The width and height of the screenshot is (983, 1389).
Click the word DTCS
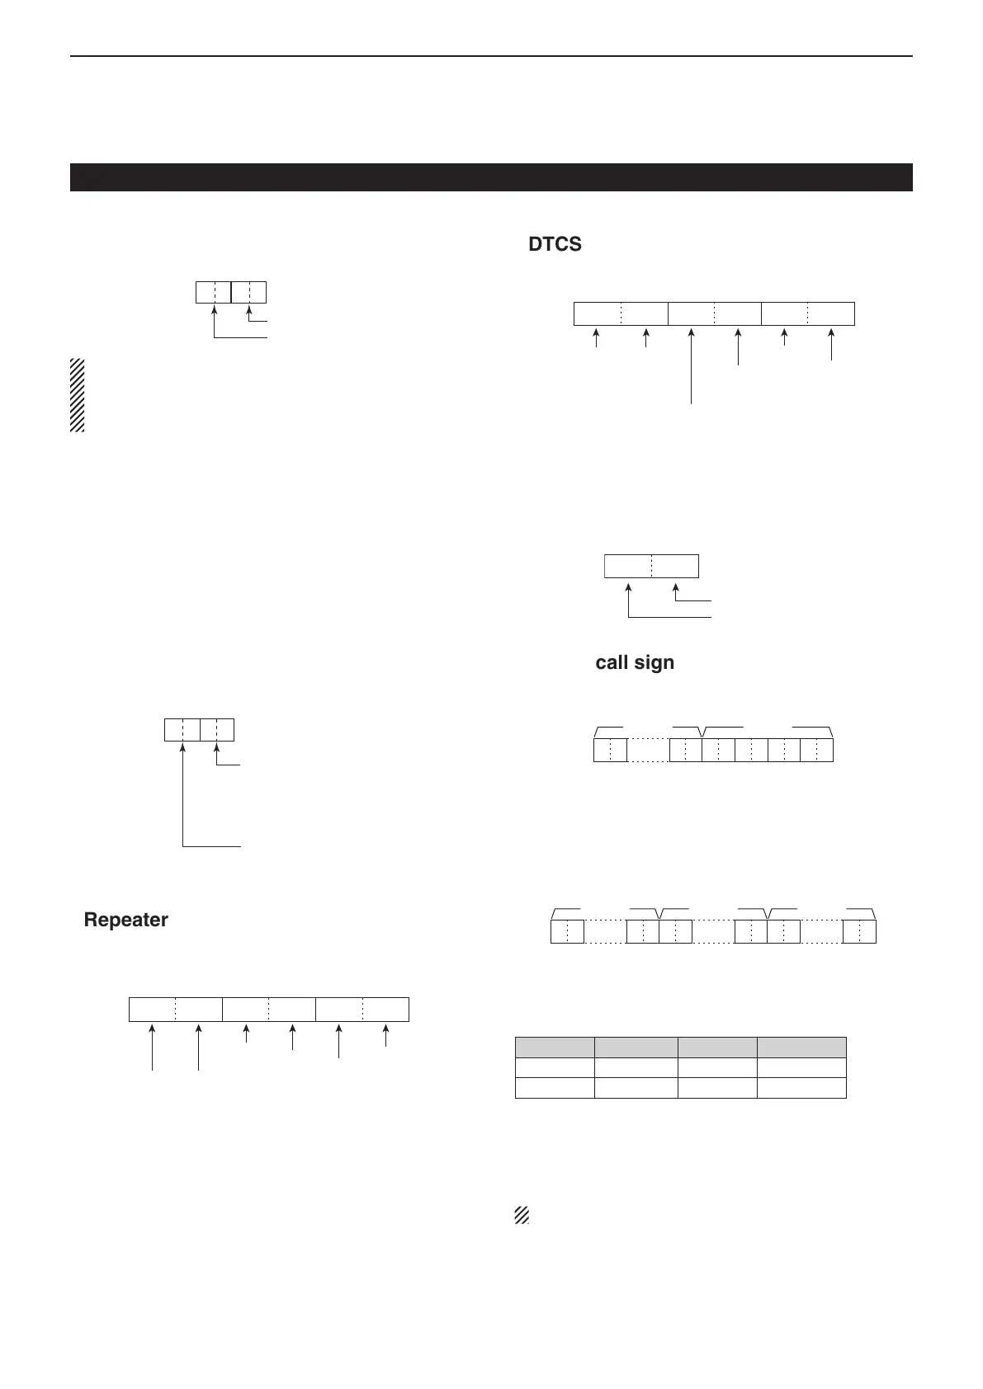tap(555, 245)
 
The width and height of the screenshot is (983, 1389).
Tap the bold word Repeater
tap(125, 920)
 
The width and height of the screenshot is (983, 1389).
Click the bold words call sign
tap(635, 662)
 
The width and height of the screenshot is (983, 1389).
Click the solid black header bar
tap(491, 177)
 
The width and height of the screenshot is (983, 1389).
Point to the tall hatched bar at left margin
tap(78, 395)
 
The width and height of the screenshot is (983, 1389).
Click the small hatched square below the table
tap(521, 1215)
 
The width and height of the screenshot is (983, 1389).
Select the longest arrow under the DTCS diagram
tap(691, 366)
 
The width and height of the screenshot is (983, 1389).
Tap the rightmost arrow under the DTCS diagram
tap(831, 345)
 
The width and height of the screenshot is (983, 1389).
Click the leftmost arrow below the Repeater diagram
tap(152, 1048)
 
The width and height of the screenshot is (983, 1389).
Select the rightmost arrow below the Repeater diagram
tap(386, 1036)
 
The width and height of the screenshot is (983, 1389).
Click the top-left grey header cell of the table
tap(555, 1048)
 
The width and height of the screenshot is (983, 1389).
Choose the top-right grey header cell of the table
tap(801, 1048)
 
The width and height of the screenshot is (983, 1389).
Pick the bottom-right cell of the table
tap(801, 1088)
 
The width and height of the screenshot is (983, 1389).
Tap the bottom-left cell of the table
tap(555, 1088)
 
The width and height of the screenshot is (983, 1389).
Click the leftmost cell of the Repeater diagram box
tap(153, 1010)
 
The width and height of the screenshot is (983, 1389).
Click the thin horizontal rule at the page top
tap(491, 56)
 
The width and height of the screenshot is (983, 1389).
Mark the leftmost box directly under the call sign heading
tap(610, 750)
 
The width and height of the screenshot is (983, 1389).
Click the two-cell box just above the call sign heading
tap(651, 567)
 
